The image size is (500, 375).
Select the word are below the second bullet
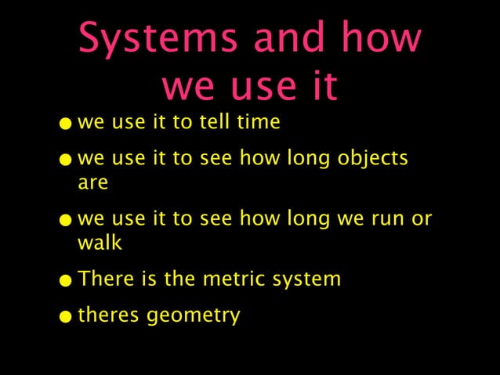click(92, 183)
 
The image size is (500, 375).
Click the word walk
click(100, 243)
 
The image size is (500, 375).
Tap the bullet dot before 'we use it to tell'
click(71, 124)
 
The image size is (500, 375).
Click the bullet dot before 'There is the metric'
click(71, 281)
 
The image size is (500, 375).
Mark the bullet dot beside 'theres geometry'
click(71, 318)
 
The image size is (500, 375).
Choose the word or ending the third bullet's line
click(422, 220)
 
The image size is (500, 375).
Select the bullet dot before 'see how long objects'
click(71, 160)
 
